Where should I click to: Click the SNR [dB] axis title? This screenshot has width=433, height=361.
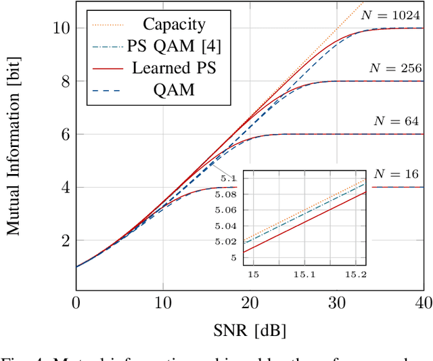[x=250, y=331]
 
